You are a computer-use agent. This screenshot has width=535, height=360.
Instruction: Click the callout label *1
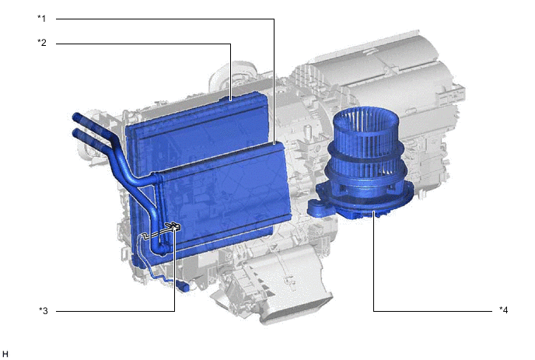point(41,19)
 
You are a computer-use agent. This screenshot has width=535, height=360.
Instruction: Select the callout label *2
point(42,43)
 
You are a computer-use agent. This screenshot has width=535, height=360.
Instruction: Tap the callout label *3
point(43,311)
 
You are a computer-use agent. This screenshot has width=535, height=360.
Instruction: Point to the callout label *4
point(504,310)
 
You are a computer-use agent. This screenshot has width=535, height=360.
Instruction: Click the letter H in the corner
point(5,354)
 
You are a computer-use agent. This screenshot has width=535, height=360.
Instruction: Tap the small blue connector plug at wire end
point(183,286)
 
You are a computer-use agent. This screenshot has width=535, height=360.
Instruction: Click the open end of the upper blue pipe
point(76,117)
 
